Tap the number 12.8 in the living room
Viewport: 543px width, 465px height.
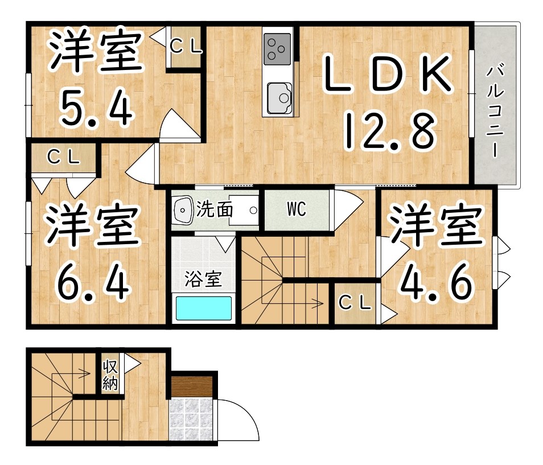[x=389, y=130]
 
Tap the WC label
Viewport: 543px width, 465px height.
[x=296, y=209]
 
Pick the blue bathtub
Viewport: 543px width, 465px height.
[x=203, y=308]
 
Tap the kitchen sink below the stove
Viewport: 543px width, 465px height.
[x=279, y=95]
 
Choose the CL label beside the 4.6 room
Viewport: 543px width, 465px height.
[x=355, y=303]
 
